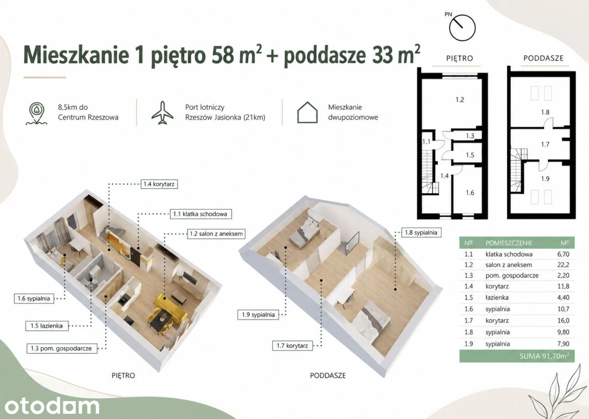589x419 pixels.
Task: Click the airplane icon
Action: coord(162,112)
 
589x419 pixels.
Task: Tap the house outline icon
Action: coord(307,112)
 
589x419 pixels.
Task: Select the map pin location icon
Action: coord(36,113)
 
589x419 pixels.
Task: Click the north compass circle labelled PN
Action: coord(462,27)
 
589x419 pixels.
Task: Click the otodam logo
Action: coord(52,407)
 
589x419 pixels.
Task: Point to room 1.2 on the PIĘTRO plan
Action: coord(459,100)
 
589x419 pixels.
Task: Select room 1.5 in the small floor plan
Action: coord(470,155)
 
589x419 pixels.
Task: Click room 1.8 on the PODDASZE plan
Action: coord(545,112)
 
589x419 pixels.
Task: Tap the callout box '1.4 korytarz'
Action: coord(159,184)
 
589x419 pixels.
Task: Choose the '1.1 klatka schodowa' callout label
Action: coord(200,214)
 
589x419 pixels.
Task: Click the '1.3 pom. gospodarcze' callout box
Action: coord(61,348)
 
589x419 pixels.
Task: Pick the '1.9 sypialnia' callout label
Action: coord(258,314)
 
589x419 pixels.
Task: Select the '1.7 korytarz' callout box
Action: coord(293,346)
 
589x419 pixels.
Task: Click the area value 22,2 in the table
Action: coord(563,265)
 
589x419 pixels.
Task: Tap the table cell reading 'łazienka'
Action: coord(497,297)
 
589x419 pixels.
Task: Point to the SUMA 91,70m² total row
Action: coord(517,356)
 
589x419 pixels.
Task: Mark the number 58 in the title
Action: coord(223,55)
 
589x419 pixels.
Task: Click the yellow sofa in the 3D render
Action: coord(170,307)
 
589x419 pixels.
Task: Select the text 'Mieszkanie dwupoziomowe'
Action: coord(353,112)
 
